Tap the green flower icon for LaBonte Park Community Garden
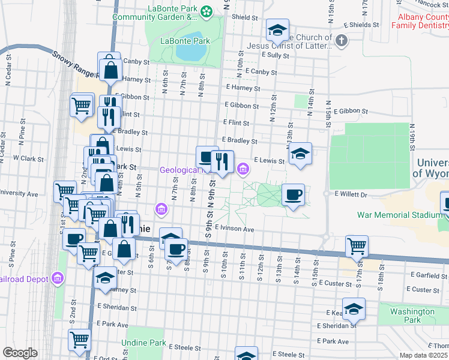206,11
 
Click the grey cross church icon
341,41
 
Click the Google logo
20,353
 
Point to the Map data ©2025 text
424,355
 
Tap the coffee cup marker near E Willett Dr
293,194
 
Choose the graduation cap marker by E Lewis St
300,154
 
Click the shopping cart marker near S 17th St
357,245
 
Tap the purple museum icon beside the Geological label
243,170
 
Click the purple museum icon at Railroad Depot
57,279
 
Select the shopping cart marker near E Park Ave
79,339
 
